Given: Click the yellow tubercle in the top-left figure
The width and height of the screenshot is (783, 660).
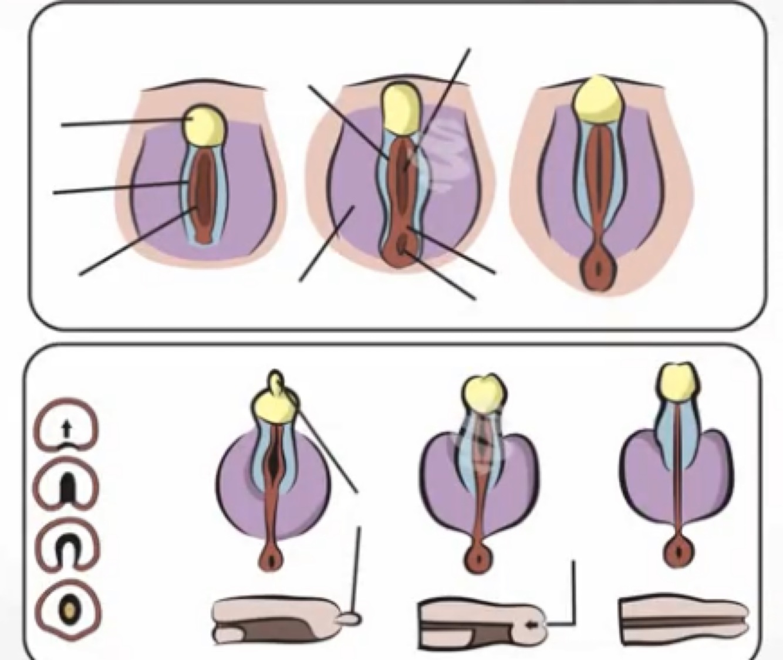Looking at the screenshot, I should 205,125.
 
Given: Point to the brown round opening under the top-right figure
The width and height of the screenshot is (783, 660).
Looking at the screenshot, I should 598,270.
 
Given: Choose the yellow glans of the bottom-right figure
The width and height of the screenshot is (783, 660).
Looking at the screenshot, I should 679,382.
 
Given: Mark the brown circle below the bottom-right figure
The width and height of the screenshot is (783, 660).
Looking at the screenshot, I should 679,552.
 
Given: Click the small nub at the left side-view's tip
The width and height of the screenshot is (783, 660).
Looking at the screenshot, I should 352,617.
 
